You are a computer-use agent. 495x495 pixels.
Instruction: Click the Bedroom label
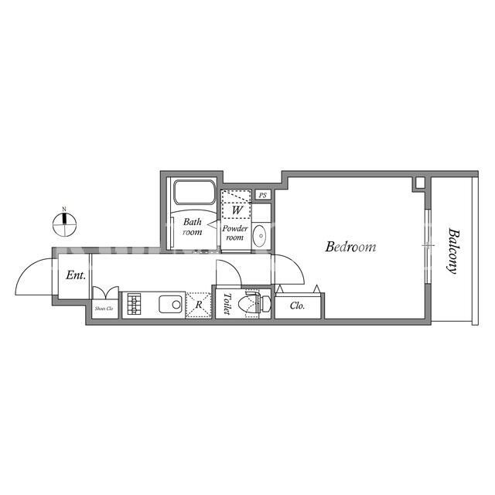350,247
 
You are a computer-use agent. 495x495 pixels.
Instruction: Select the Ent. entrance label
76,275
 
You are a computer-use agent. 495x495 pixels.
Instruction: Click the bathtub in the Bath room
194,192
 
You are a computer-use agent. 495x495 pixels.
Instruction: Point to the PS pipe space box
263,195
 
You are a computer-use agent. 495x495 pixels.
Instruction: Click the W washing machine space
237,204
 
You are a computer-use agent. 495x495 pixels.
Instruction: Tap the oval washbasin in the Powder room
260,236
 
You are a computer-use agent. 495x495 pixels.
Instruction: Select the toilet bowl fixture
258,304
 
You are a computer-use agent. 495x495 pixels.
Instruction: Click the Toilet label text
227,304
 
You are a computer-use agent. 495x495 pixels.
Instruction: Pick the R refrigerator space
199,305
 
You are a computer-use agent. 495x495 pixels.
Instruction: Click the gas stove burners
134,304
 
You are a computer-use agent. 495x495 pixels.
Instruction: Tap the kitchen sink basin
170,304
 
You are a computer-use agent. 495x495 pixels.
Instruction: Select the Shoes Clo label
104,309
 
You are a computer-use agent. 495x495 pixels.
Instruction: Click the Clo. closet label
297,306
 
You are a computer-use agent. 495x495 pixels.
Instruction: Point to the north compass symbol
64,224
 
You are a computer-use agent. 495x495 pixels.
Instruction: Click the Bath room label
193,227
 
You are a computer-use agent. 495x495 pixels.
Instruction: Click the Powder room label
235,233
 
